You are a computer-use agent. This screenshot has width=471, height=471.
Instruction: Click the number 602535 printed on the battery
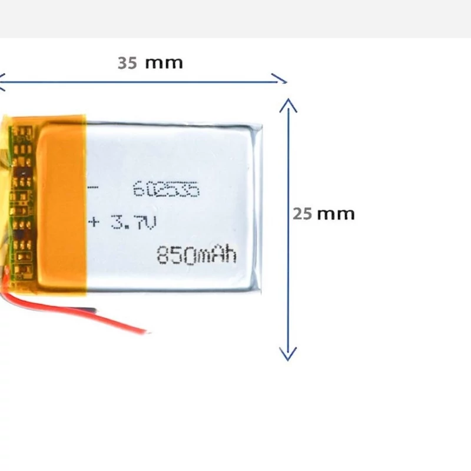[167, 190]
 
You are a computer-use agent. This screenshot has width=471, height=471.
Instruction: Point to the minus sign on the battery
[92, 189]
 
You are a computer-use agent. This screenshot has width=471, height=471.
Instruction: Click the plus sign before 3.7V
[93, 222]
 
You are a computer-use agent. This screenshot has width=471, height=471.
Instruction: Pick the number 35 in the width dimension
[127, 62]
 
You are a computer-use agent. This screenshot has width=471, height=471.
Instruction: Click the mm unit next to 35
[164, 63]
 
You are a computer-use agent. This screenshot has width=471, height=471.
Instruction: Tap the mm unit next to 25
[336, 214]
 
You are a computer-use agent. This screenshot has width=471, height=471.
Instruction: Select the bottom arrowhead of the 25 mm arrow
[287, 355]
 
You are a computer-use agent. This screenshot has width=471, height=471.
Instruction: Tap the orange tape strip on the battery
[62, 206]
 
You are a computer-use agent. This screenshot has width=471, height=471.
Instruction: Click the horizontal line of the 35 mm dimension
[141, 80]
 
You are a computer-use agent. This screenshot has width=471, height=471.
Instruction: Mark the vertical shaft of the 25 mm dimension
[287, 265]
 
